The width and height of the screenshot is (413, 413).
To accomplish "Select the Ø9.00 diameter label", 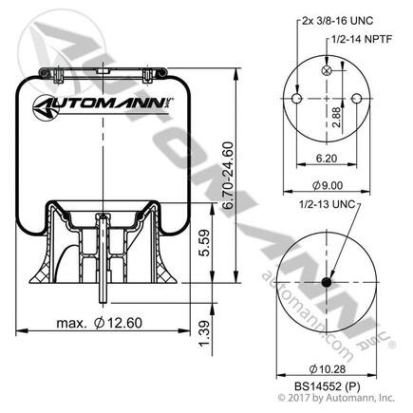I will point(326,186).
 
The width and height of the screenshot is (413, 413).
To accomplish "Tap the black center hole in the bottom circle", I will point(326,282).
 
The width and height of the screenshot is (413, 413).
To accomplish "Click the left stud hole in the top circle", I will point(297,100).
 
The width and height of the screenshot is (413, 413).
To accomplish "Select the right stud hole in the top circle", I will point(354,100).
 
